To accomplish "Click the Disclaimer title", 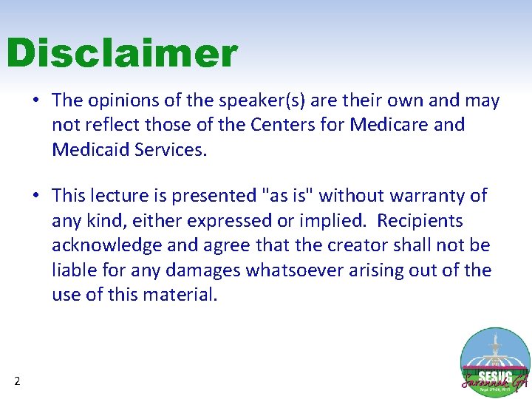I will (122, 54).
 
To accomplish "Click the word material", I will (182, 295).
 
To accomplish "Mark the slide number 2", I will (17, 381).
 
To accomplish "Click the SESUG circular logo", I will (494, 362).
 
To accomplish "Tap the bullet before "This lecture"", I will (35, 197).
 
